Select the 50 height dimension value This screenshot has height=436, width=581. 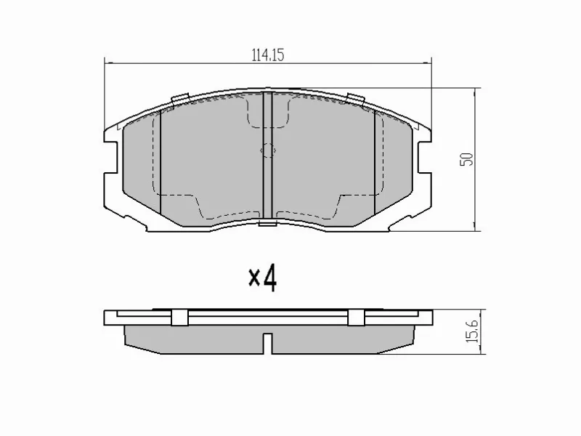(x=470, y=158)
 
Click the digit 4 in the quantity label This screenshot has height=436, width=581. (x=269, y=277)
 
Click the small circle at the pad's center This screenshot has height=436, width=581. (x=267, y=151)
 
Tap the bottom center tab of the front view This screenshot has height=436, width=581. (x=267, y=222)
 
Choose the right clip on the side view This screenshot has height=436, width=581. (x=356, y=318)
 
